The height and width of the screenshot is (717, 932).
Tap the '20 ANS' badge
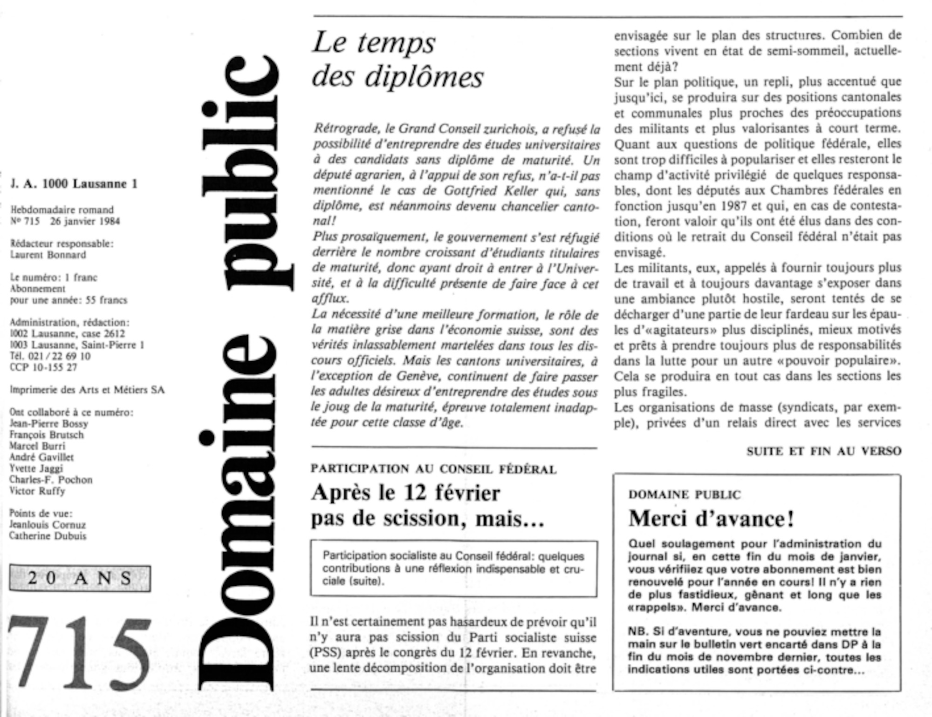coord(80,578)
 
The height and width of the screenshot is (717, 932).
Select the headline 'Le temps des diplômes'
coord(397,60)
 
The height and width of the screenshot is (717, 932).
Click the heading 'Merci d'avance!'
coord(711,519)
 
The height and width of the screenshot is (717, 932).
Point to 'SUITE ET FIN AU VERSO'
coord(823,451)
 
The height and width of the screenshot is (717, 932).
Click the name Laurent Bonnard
coord(48,255)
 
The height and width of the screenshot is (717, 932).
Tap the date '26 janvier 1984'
coord(85,221)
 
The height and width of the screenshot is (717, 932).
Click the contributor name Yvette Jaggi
coord(36,468)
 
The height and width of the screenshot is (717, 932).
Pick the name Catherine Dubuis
coord(48,536)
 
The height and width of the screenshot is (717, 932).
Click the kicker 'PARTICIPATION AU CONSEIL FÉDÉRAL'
coord(433,469)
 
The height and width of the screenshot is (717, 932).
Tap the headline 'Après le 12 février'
coord(405,493)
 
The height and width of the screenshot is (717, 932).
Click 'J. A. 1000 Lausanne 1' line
coord(74,184)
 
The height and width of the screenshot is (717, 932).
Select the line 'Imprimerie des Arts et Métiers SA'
coord(87,390)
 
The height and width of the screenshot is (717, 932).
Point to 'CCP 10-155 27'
coord(43,367)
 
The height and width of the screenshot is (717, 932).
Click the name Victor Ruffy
coord(37,491)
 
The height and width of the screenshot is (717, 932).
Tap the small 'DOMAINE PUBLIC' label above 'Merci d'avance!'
coord(684,494)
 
